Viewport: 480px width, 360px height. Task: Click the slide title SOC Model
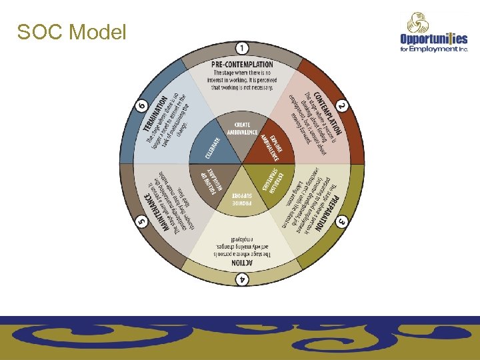tap(71, 31)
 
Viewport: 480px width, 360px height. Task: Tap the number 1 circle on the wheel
tap(242, 48)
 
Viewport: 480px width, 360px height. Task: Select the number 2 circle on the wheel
tap(341, 106)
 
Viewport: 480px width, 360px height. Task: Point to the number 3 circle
tap(341, 221)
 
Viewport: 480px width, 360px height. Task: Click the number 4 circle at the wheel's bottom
tap(242, 279)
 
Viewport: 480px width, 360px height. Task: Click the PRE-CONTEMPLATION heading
tap(242, 64)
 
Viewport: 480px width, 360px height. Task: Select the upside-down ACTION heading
tap(242, 263)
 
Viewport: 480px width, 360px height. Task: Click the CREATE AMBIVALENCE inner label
tap(242, 128)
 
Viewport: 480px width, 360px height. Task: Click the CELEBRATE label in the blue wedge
tap(211, 147)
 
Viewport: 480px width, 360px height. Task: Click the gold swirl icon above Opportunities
tap(419, 23)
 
